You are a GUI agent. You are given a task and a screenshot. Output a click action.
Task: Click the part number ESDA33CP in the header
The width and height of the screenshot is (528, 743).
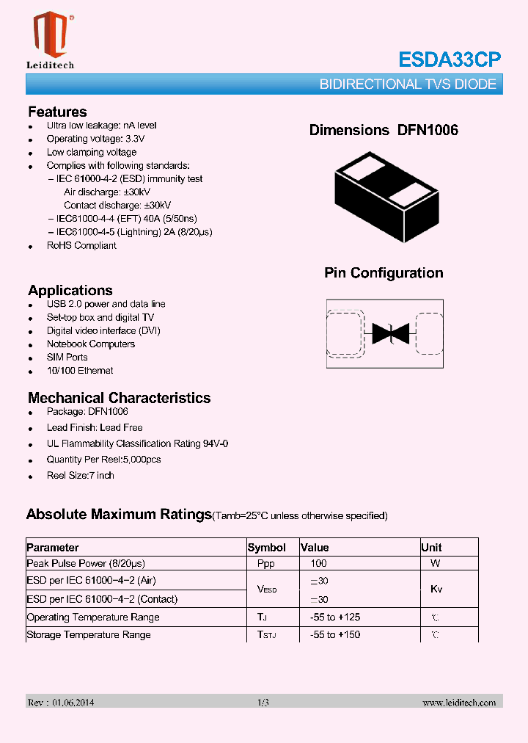450,59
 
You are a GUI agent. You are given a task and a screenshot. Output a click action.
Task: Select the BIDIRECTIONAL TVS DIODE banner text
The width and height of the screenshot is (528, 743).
408,84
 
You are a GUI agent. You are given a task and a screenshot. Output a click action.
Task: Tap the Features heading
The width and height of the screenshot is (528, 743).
57,112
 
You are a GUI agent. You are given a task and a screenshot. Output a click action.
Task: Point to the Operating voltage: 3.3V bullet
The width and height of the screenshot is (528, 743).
95,139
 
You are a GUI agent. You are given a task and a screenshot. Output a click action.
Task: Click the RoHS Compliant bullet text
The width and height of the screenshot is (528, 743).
81,246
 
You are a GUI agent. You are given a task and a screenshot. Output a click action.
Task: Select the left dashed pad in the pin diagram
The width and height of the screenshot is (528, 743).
345,334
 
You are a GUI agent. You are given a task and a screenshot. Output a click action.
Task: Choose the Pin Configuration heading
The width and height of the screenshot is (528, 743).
384,273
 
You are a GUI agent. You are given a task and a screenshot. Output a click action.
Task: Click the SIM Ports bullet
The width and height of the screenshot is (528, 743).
67,358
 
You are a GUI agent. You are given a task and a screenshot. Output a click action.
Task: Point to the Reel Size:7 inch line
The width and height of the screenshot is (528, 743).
80,476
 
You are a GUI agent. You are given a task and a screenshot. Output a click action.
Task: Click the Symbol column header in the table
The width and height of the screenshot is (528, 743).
267,548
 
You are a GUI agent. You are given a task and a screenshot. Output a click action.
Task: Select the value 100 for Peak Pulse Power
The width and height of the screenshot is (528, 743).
318,564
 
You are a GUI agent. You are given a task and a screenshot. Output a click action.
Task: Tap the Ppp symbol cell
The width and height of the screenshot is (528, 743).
266,564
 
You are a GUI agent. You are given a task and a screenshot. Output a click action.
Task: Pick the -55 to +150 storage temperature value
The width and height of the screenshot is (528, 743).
334,635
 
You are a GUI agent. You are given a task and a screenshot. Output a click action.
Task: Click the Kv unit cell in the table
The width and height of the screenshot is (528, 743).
436,590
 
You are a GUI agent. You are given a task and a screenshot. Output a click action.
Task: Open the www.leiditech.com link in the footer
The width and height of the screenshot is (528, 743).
459,703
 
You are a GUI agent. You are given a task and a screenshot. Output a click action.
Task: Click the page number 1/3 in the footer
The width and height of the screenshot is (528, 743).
263,703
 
